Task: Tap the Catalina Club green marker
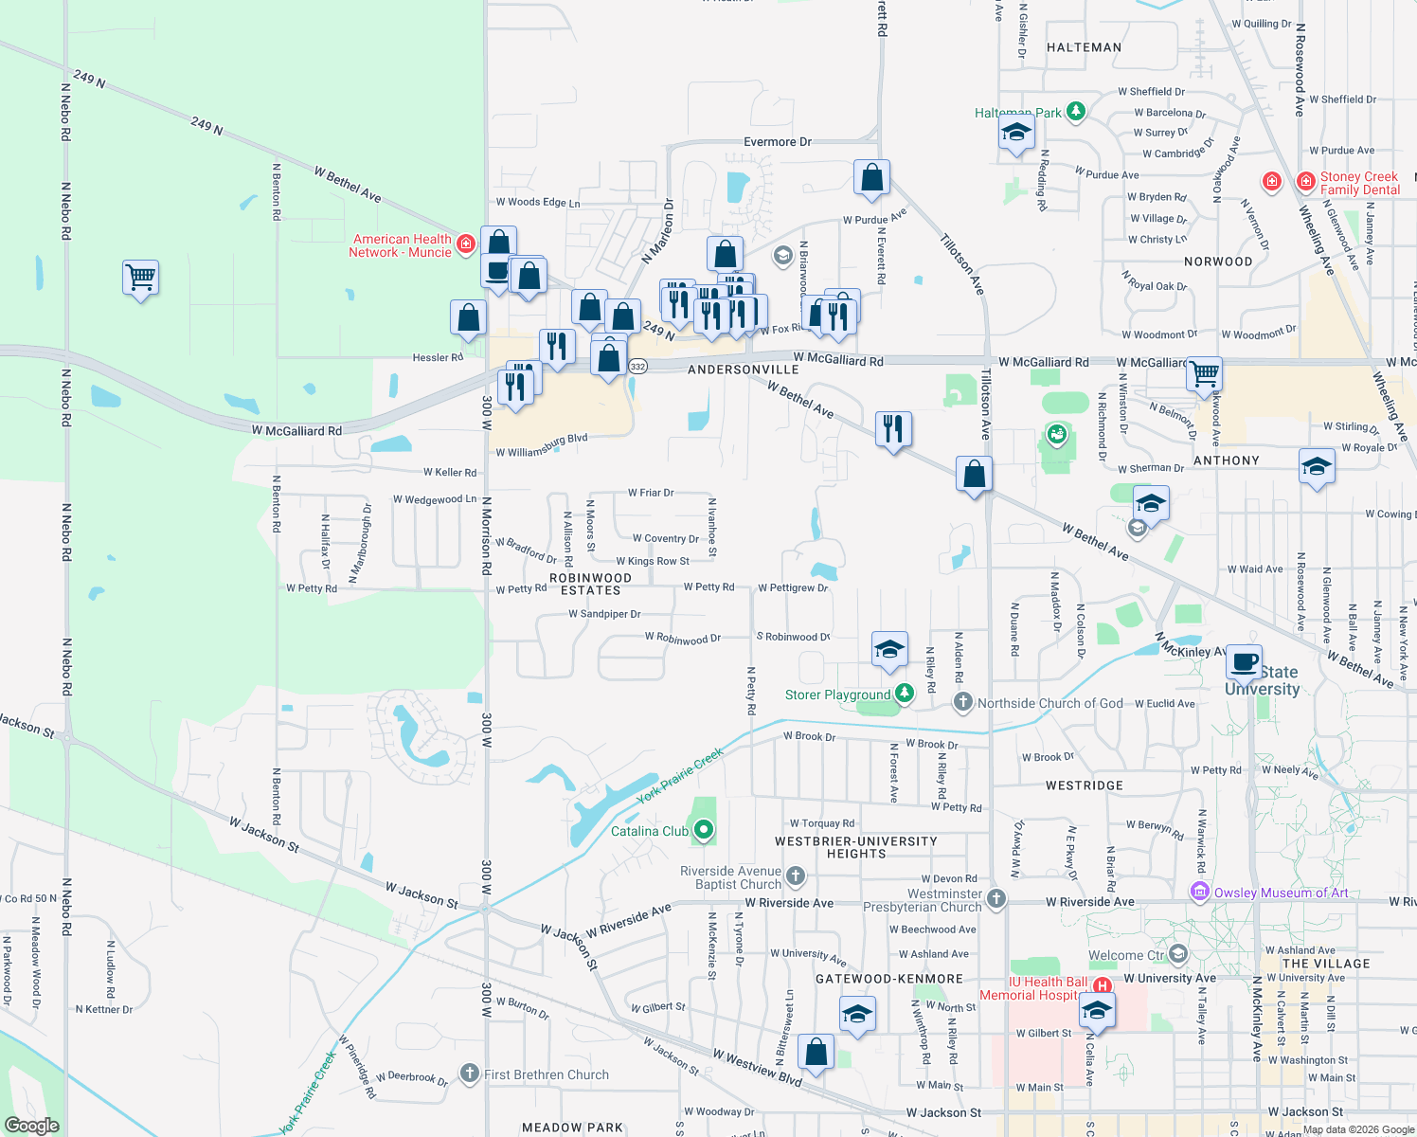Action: click(704, 831)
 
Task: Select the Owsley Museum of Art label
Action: click(1281, 893)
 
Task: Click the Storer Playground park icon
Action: click(905, 695)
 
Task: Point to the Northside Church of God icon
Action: click(963, 702)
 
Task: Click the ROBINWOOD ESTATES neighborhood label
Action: click(590, 584)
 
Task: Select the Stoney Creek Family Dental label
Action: click(1359, 184)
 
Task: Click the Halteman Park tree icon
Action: click(1075, 112)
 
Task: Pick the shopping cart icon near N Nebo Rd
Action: click(140, 279)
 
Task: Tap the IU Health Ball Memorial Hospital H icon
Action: click(1102, 986)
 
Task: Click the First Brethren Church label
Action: click(547, 1074)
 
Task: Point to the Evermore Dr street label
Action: click(778, 142)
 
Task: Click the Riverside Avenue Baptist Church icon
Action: click(796, 876)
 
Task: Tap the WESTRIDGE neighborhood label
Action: click(1085, 785)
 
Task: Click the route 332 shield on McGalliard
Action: click(637, 367)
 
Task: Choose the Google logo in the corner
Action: click(32, 1126)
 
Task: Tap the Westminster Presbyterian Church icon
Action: click(995, 898)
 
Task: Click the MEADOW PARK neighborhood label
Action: click(572, 1128)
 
